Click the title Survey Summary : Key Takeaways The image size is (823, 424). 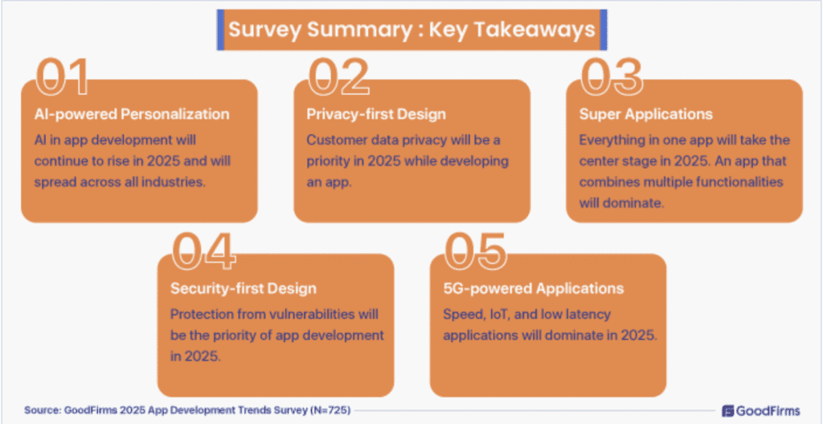[x=411, y=30]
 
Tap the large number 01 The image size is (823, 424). [x=63, y=76]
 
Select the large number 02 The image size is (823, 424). [x=338, y=76]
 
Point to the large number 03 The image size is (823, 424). [x=612, y=76]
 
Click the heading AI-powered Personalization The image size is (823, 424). [x=132, y=114]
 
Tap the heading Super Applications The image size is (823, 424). [x=646, y=114]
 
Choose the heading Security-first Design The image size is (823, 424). [x=244, y=288]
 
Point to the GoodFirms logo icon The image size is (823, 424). [x=728, y=410]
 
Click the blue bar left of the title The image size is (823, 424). [x=220, y=30]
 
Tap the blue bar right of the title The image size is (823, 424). [x=603, y=30]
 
